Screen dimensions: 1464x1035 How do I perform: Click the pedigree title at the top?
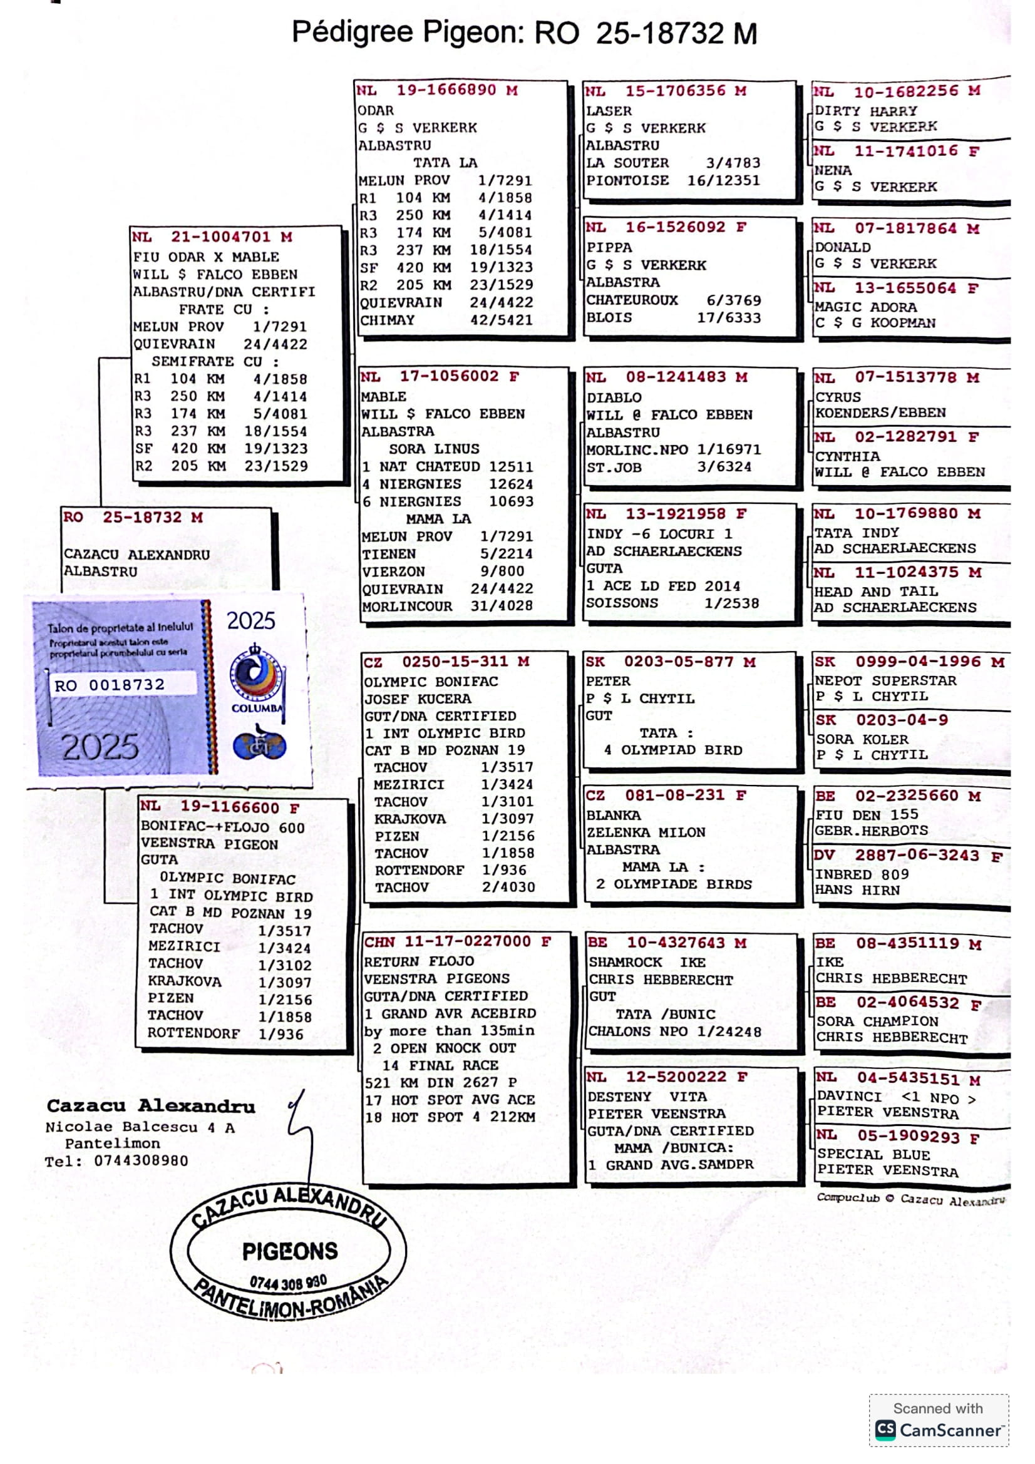click(x=523, y=32)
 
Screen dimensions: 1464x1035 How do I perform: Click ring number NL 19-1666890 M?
click(x=437, y=90)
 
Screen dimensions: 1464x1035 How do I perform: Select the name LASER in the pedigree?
click(x=609, y=111)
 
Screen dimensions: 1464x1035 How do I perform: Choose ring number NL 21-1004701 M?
click(x=212, y=237)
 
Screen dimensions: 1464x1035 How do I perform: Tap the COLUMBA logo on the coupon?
click(x=256, y=679)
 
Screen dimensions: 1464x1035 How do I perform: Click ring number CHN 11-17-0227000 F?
click(x=456, y=942)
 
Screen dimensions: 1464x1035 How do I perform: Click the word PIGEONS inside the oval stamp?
click(x=289, y=1251)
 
